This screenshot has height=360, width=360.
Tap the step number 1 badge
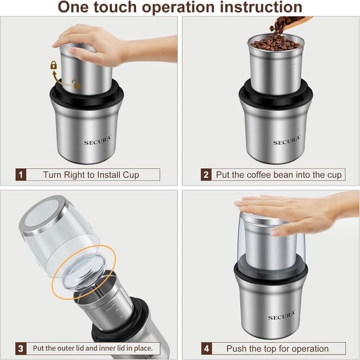[21, 175]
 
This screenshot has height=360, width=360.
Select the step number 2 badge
[206, 175]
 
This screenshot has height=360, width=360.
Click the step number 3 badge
[21, 348]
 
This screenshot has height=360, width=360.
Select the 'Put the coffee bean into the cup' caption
[278, 175]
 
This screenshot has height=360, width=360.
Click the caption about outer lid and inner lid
[93, 348]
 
